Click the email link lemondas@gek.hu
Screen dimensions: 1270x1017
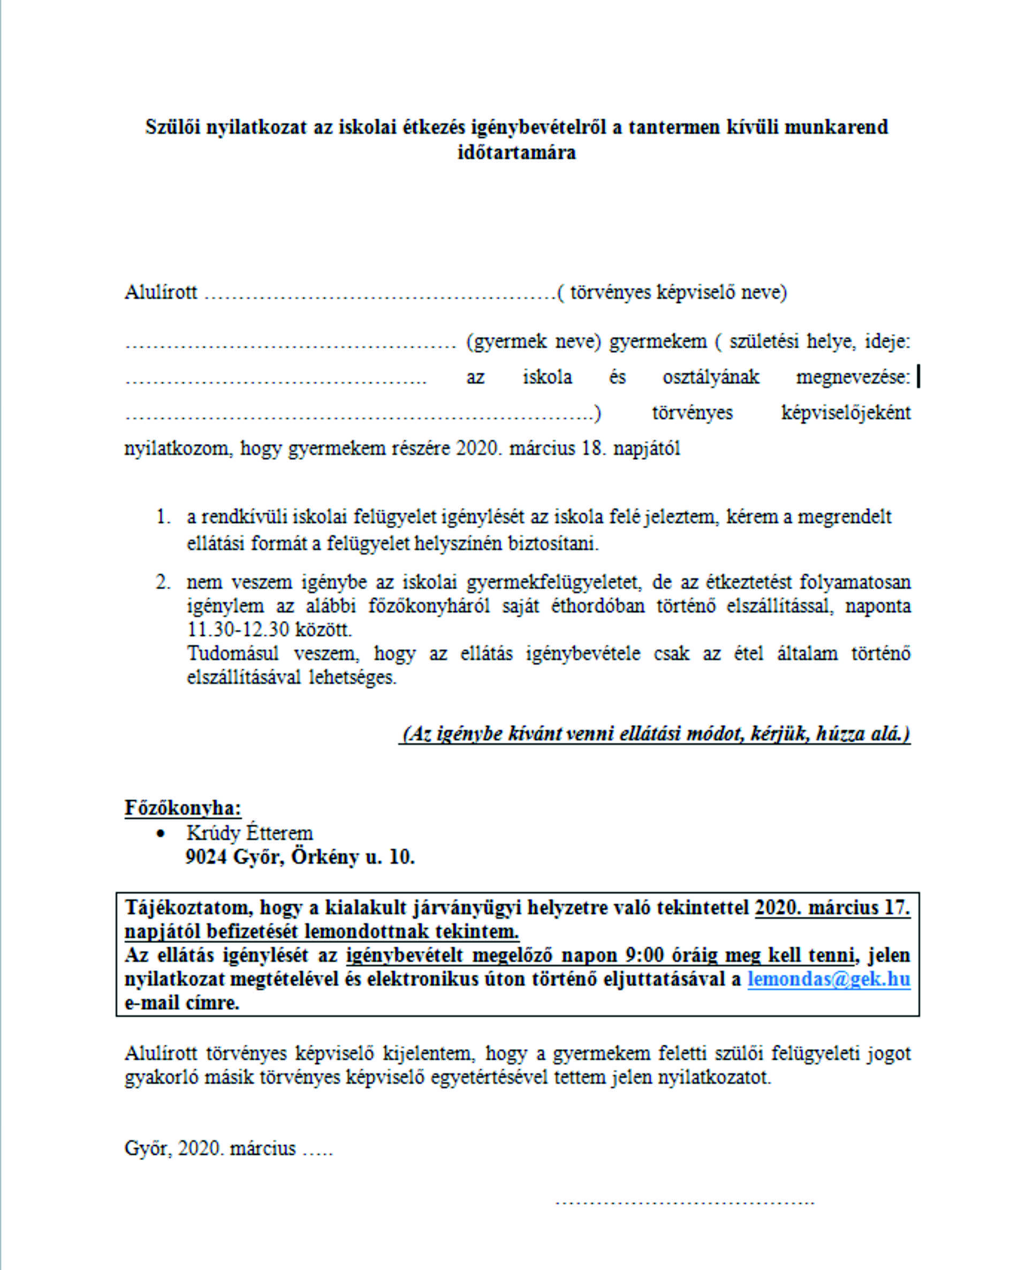point(829,979)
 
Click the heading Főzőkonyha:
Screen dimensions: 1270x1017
point(183,808)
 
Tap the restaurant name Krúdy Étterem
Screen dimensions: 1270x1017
point(249,833)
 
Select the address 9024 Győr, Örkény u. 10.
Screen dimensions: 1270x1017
point(300,856)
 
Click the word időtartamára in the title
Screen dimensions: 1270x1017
point(517,153)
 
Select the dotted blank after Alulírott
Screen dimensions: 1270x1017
point(379,293)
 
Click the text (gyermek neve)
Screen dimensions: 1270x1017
point(533,341)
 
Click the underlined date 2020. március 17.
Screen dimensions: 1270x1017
point(832,908)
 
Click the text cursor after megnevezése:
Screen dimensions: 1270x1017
point(919,376)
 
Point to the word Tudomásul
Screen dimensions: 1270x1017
point(233,653)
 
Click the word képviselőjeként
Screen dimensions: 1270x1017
point(846,412)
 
